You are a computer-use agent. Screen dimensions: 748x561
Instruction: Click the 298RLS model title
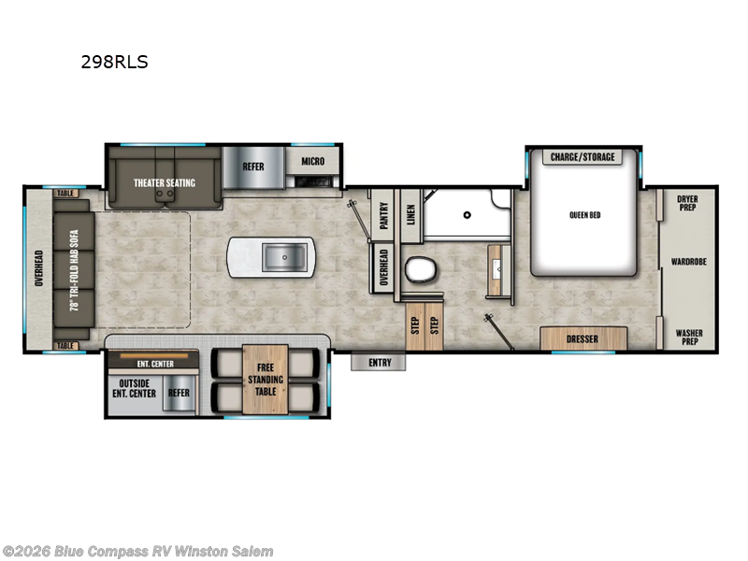pyautogui.click(x=114, y=62)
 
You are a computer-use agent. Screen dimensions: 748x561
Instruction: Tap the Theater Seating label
pyautogui.click(x=165, y=182)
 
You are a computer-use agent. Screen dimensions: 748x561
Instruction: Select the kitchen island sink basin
pyautogui.click(x=284, y=257)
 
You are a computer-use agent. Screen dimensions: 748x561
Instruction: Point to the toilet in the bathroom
pyautogui.click(x=420, y=269)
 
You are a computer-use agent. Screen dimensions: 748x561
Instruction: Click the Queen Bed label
pyautogui.click(x=585, y=215)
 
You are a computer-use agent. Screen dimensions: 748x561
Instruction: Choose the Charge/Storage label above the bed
pyautogui.click(x=583, y=157)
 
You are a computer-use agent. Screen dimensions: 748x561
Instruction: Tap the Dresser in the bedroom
pyautogui.click(x=583, y=338)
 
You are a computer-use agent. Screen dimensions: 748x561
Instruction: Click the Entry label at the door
pyautogui.click(x=380, y=363)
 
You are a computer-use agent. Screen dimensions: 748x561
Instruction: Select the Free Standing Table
pyautogui.click(x=266, y=380)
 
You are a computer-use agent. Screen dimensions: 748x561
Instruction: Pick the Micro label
pyautogui.click(x=313, y=161)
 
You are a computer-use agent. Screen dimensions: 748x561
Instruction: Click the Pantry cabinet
pyautogui.click(x=382, y=216)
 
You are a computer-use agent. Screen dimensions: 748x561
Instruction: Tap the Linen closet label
pyautogui.click(x=410, y=215)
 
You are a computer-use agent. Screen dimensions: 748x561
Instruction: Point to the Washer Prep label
pyautogui.click(x=689, y=337)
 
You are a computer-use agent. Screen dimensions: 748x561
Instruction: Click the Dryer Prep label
pyautogui.click(x=687, y=203)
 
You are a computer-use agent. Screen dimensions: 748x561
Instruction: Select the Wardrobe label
pyautogui.click(x=689, y=262)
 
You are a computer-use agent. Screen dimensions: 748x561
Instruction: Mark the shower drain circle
pyautogui.click(x=467, y=215)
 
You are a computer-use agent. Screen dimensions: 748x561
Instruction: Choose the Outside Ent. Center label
pyautogui.click(x=134, y=388)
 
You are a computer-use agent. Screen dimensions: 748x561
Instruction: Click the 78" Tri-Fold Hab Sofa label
pyautogui.click(x=75, y=270)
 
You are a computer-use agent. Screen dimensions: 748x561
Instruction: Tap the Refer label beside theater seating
pyautogui.click(x=252, y=166)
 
